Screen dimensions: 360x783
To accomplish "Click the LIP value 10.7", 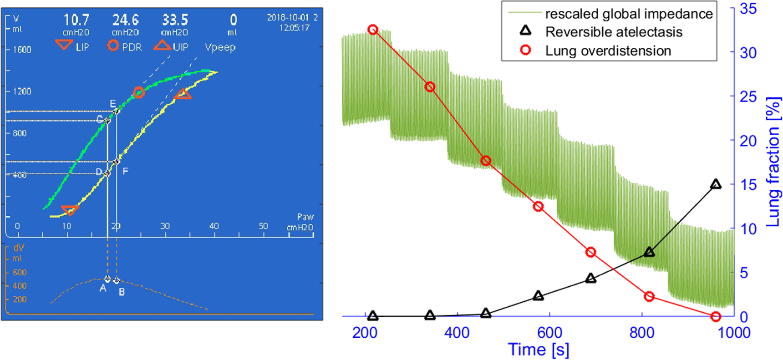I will (76, 20).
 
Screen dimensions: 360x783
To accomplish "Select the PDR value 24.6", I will (125, 20).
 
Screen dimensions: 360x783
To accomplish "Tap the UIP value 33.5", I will (175, 20).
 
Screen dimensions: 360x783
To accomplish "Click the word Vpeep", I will (220, 47).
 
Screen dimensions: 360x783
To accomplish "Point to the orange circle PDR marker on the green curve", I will (139, 93).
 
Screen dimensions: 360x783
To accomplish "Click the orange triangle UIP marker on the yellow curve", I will (183, 94).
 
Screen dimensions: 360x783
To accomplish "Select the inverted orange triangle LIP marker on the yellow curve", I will (70, 210).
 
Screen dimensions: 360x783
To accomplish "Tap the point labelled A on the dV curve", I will (107, 279).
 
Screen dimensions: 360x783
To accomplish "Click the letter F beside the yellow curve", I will (125, 171).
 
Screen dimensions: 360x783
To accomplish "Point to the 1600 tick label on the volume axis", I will (22, 50).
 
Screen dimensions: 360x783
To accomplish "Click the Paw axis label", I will (305, 217).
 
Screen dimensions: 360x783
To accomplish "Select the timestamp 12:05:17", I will (294, 28).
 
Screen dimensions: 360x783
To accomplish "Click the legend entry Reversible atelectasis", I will (614, 32).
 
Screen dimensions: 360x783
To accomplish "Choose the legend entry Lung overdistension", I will (608, 51).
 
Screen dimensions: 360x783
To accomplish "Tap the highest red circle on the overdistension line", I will (373, 30).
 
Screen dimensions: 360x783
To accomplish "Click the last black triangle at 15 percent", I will (716, 184).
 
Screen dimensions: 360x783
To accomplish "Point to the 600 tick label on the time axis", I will (549, 333).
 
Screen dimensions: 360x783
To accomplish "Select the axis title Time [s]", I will (539, 350).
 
